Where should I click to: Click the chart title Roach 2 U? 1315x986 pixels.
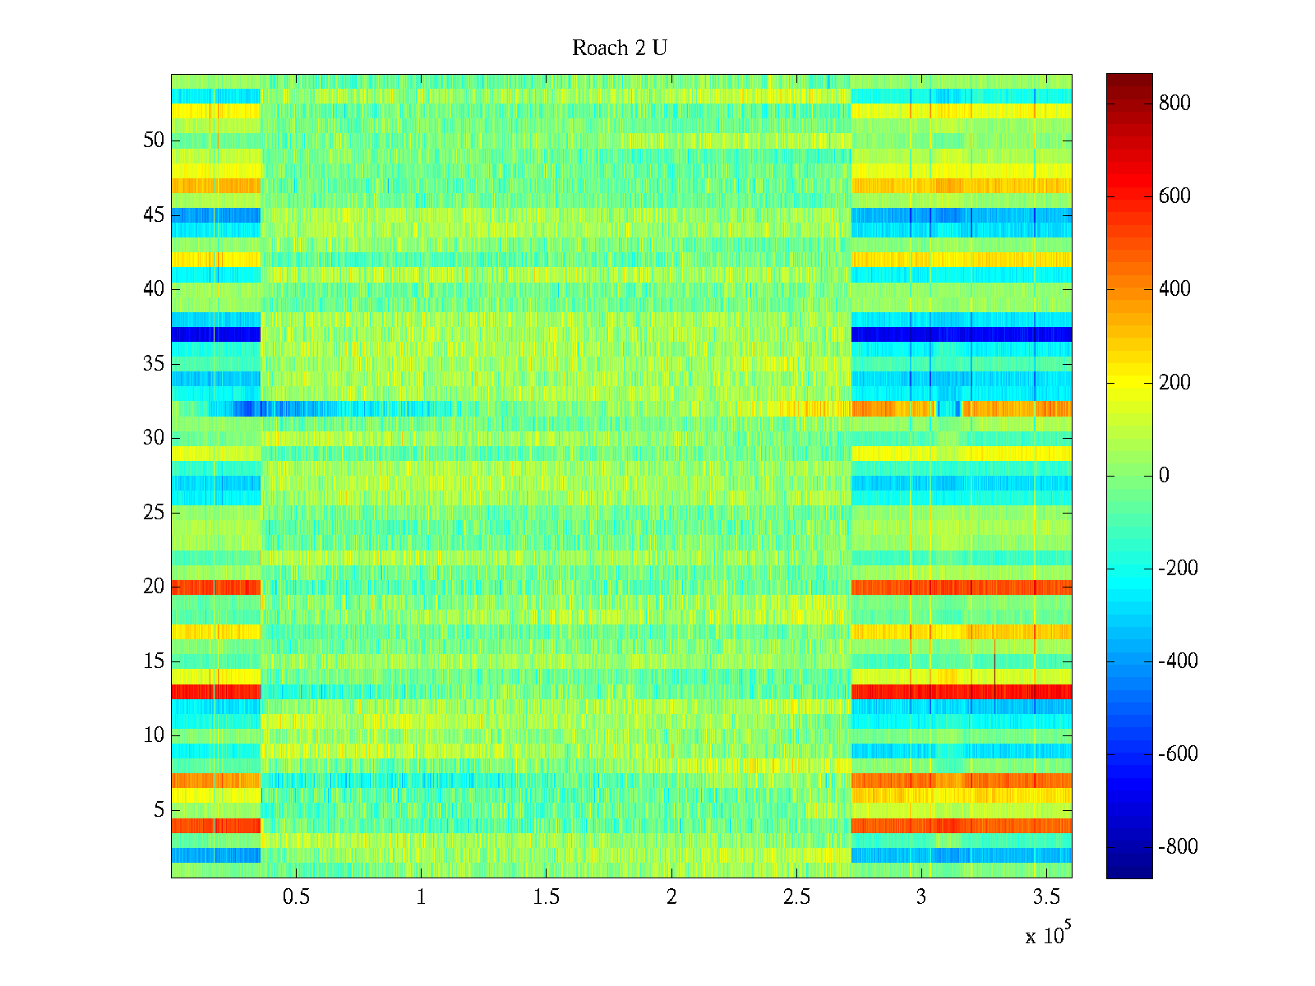619,48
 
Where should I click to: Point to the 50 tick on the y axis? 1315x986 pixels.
154,141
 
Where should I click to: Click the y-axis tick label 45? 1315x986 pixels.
154,215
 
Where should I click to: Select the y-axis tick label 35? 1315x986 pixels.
154,364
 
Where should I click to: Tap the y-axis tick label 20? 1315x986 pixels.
154,587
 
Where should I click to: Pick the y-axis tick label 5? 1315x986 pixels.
159,810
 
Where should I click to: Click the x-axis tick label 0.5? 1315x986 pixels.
296,897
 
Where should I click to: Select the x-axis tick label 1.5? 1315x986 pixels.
546,897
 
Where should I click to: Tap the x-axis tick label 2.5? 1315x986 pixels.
796,897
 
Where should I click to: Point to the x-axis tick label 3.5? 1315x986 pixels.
1045,897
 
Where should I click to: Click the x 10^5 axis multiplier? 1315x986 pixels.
1047,934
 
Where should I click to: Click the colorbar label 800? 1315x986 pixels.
1174,104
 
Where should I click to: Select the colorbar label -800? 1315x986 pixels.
1178,847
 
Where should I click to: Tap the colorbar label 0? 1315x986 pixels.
1163,476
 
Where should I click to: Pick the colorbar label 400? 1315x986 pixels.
1174,289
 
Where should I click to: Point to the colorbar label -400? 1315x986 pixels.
1178,661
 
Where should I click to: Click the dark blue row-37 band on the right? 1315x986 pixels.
962,334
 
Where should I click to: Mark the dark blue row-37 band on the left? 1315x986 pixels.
215,334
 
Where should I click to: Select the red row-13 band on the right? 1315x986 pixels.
962,692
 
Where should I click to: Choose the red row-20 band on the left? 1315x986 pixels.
215,587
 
